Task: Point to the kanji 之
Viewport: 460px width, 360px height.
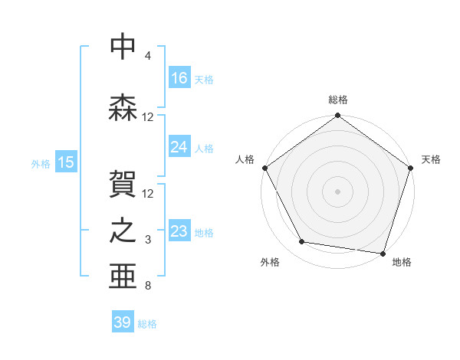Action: click(123, 233)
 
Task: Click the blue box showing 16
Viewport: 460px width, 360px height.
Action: click(179, 78)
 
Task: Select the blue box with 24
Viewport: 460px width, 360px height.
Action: click(179, 148)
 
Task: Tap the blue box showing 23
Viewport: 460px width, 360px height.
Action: click(179, 232)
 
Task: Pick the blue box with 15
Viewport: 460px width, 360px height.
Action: click(66, 162)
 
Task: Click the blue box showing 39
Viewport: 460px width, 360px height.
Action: click(123, 322)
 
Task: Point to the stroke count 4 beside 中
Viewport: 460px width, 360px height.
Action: click(148, 56)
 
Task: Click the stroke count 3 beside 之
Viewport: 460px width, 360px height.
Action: click(148, 241)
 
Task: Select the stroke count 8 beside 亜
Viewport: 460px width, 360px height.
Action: click(148, 286)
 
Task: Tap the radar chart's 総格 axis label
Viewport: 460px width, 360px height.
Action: click(338, 100)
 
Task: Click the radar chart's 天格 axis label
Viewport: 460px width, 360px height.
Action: click(432, 159)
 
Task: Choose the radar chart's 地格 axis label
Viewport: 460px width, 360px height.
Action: click(402, 263)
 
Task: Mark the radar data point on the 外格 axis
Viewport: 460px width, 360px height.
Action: click(302, 242)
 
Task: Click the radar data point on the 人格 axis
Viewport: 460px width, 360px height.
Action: click(264, 168)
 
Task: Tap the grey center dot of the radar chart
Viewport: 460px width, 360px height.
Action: click(337, 191)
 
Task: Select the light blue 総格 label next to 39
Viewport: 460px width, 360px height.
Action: click(147, 324)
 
